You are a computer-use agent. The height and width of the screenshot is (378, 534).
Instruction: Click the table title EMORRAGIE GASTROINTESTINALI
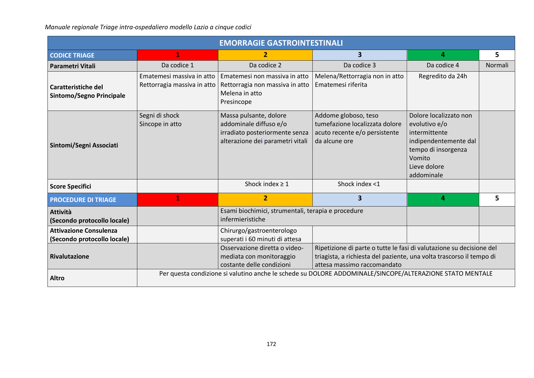coord(281,43)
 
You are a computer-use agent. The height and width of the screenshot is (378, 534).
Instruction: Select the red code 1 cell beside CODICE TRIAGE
coord(177,55)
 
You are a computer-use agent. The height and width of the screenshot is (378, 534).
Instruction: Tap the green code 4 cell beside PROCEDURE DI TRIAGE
coord(443,199)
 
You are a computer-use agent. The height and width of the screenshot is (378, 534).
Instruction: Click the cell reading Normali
coord(497,65)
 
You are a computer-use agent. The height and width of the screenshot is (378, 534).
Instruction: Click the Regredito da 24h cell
coord(443,76)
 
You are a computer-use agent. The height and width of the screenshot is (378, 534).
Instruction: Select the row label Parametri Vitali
coord(73,66)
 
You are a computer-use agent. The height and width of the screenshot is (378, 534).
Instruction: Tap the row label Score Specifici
coord(71,186)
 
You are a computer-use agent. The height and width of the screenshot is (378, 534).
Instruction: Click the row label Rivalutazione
coord(70,256)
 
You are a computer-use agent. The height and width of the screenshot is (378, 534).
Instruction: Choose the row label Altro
coord(57,278)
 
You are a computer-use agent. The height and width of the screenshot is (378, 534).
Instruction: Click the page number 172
coord(271,344)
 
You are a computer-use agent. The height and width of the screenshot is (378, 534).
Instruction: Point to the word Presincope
coord(236,102)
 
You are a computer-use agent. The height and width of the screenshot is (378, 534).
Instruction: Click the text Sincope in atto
coord(160,124)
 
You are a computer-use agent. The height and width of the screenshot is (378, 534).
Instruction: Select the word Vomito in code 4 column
coord(420,158)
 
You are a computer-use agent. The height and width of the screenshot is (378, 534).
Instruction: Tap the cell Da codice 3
coord(360,65)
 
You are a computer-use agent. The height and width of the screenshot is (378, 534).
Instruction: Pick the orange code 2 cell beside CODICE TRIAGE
coord(265,55)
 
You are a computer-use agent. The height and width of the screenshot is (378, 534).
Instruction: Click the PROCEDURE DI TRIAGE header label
coord(83,200)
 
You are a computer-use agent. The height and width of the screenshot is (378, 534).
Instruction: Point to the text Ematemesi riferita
coord(341,85)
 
